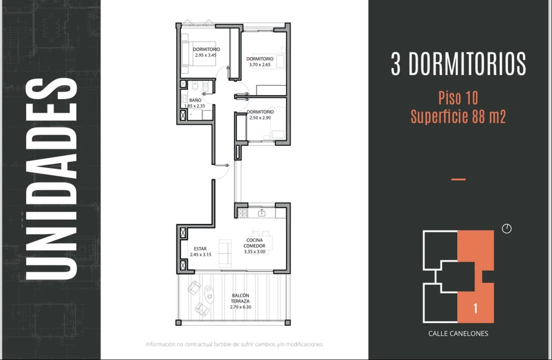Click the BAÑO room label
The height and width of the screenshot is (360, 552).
[x=195, y=100]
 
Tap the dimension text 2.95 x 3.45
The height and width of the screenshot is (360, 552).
[x=206, y=55]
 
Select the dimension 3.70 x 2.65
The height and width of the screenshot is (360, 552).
[x=260, y=65]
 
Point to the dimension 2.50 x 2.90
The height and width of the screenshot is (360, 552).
[x=260, y=118]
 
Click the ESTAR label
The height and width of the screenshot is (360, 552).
[x=200, y=249]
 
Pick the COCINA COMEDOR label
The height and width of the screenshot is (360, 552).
[x=254, y=243]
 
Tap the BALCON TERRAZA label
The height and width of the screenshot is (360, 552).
[x=240, y=298]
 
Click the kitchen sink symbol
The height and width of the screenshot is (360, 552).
[x=261, y=213]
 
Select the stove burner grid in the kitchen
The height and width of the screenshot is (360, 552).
[x=243, y=213]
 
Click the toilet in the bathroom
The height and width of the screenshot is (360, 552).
[x=205, y=87]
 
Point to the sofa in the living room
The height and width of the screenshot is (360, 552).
[x=225, y=253]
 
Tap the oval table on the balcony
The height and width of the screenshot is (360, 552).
[x=209, y=294]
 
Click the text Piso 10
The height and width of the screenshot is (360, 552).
[x=458, y=98]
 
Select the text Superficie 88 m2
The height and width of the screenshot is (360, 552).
[x=458, y=116]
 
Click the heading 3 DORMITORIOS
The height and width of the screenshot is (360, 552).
[x=458, y=64]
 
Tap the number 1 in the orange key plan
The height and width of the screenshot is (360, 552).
[x=475, y=308]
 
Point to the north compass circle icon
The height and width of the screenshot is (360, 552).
[x=507, y=229]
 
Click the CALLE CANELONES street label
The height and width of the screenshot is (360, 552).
[x=458, y=333]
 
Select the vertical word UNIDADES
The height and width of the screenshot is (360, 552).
[x=51, y=179]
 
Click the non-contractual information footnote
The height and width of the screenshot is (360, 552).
[x=234, y=344]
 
